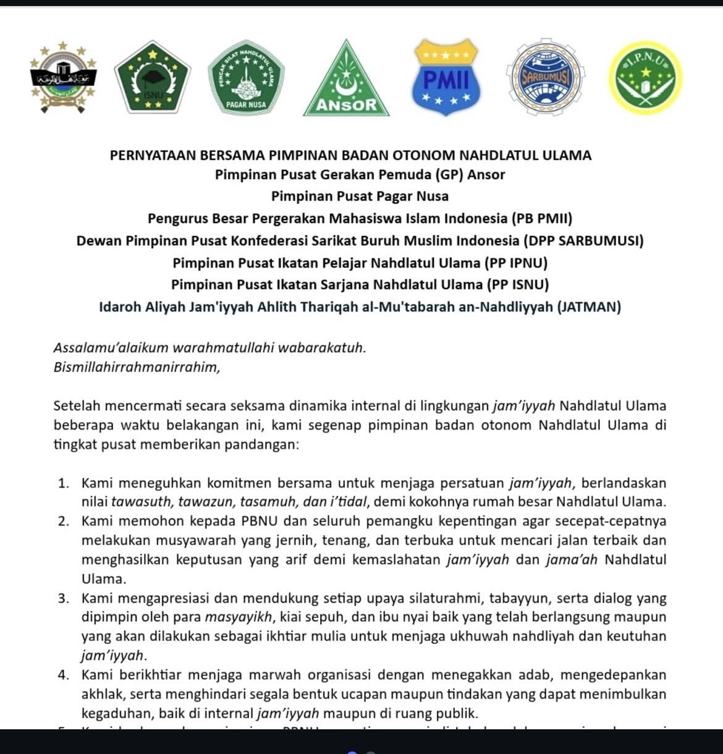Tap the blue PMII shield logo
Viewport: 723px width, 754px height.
446,78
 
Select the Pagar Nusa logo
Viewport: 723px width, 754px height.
246,77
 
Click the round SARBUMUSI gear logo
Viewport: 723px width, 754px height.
544,78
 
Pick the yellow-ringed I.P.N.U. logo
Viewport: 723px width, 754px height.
645,78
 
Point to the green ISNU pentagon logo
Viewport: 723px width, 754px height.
153,78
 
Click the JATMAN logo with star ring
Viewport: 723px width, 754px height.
63,78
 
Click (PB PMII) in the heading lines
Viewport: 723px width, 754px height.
542,218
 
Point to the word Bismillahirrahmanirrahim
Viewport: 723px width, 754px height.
137,367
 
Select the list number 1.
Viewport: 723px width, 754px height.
63,483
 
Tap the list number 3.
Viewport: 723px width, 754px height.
63,598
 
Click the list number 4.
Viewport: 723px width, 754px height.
63,675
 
